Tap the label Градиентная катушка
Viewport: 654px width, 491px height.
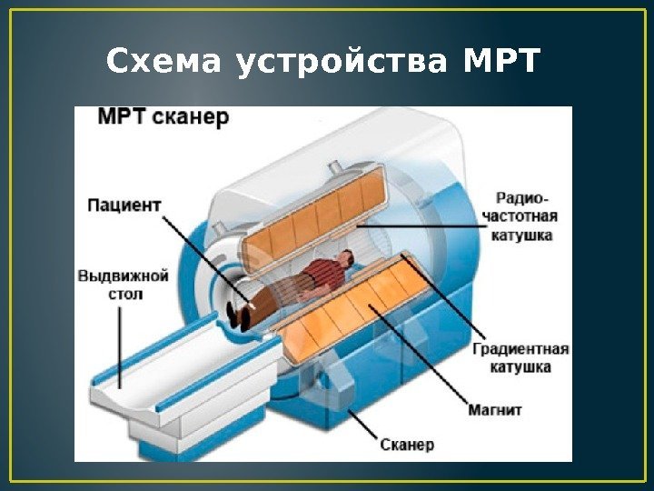(520, 357)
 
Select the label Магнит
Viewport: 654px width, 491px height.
(495, 410)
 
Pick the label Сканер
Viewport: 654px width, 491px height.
(408, 445)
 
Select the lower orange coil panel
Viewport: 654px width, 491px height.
(363, 305)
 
